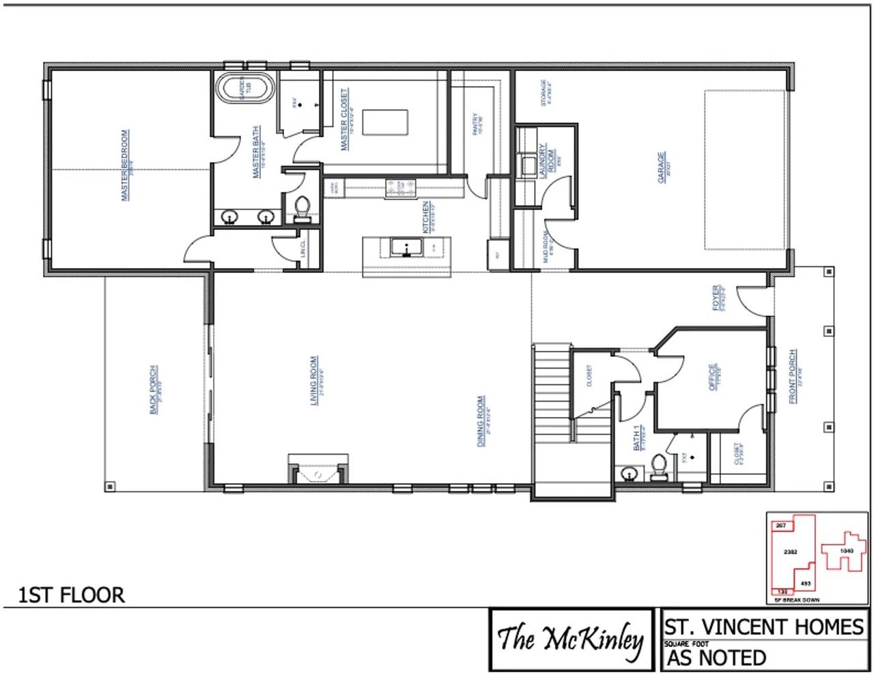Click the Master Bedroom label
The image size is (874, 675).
click(125, 165)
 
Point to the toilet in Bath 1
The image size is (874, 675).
click(659, 467)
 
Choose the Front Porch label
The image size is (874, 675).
click(792, 376)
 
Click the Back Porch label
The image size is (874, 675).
click(154, 389)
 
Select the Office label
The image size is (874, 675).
click(713, 377)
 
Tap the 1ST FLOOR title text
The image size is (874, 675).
click(72, 594)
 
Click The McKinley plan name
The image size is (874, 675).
click(570, 640)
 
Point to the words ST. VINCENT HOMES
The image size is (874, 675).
click(763, 626)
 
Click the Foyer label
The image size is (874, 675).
click(717, 298)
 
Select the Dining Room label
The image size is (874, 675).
click(481, 421)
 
